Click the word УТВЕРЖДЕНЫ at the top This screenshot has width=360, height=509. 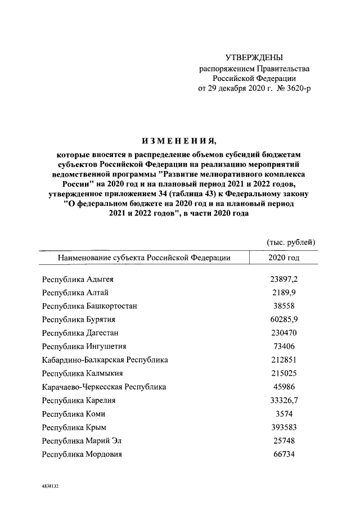coord(254,58)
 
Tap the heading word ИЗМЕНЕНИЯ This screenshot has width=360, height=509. coord(179,140)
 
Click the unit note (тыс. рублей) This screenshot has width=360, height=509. coord(290,242)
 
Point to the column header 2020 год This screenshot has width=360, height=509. coord(284,258)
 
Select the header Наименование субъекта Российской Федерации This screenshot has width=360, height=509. coord(143,258)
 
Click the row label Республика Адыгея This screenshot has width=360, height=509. coord(81,279)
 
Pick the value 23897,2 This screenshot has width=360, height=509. coord(284,279)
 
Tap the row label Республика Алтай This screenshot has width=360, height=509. coord(76,292)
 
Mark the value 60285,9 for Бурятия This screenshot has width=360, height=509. coord(284,319)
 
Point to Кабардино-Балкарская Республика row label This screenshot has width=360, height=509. coord(105,360)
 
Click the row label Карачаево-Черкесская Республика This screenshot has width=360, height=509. coord(105,387)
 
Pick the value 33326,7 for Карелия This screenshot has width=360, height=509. coord(284,400)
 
